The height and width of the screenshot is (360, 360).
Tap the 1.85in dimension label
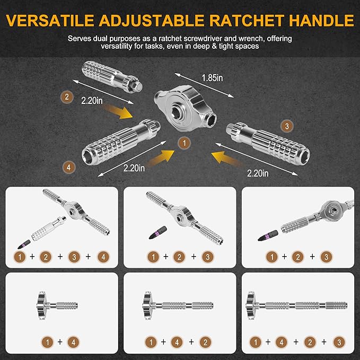(212, 78)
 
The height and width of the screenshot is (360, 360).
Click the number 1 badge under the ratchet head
(183, 143)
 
